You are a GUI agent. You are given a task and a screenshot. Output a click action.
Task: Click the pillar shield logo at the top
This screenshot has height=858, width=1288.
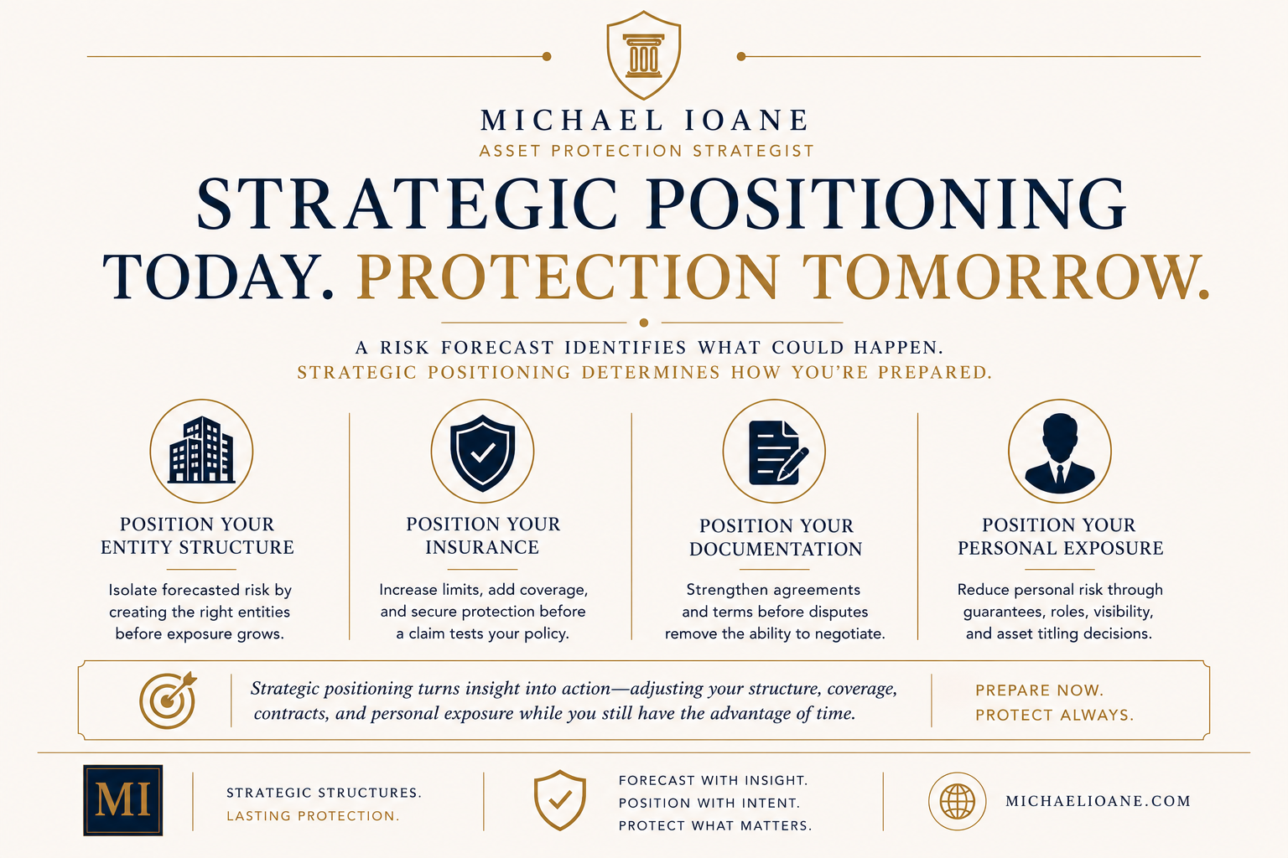644,55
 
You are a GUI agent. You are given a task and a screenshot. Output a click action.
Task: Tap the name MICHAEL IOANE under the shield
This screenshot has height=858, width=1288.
645,120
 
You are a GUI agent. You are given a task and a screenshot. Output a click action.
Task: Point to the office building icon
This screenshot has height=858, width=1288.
201,450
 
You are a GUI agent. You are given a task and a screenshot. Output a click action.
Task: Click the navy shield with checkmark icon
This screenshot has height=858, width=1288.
482,452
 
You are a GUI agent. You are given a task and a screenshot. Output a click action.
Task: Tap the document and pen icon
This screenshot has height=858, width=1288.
778,452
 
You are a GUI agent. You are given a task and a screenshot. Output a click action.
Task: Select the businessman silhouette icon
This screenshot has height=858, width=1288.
1060,454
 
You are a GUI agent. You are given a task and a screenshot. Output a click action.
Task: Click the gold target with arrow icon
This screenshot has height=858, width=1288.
168,700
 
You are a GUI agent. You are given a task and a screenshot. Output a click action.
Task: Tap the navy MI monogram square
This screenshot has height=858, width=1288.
123,800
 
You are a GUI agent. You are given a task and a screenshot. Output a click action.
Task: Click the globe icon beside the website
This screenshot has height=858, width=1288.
958,801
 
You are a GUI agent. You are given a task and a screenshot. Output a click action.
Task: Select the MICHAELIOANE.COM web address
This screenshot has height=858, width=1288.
1098,801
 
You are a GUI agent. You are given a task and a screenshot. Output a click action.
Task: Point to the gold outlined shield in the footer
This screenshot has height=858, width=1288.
560,800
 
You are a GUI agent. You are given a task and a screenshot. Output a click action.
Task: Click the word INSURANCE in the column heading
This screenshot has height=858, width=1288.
482,547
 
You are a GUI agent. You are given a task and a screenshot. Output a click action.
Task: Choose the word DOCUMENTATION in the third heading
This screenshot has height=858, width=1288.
776,549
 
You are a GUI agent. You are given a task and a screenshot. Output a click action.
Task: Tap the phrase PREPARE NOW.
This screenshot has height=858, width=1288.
1040,690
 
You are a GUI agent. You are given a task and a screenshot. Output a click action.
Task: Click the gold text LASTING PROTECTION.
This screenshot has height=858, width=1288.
313,816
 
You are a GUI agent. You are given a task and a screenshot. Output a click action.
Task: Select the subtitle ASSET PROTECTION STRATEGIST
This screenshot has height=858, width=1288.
647,151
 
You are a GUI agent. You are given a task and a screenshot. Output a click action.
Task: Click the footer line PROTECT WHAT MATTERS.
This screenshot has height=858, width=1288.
715,826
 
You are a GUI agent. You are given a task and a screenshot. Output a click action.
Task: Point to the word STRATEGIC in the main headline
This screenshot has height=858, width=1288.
407,204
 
